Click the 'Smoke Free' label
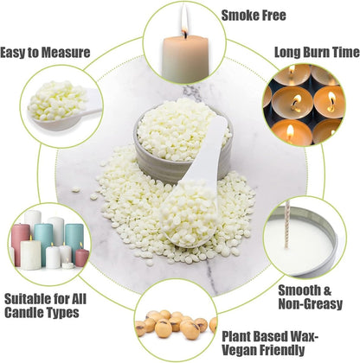(x=254, y=16)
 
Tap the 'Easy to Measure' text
(x=45, y=52)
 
